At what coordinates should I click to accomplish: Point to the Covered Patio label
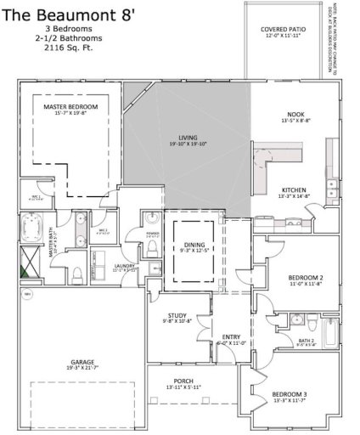[284, 32]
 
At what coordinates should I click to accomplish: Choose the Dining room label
[194, 247]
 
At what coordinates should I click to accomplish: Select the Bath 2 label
[307, 343]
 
